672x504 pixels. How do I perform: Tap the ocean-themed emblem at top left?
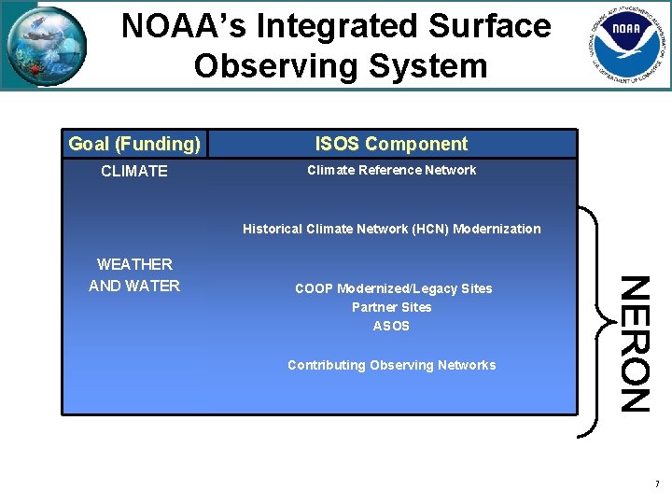pyautogui.click(x=47, y=45)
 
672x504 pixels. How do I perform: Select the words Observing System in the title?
pyautogui.click(x=341, y=66)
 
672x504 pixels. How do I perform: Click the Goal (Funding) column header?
pyautogui.click(x=134, y=144)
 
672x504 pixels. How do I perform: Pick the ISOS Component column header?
pyautogui.click(x=391, y=144)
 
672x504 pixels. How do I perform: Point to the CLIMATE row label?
pyautogui.click(x=134, y=171)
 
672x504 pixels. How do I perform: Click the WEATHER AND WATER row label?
pyautogui.click(x=134, y=275)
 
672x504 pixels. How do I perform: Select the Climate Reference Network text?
pyautogui.click(x=391, y=170)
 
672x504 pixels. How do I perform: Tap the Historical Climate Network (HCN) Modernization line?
pyautogui.click(x=391, y=229)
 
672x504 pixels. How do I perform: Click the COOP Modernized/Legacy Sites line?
pyautogui.click(x=393, y=288)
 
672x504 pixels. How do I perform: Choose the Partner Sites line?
pyautogui.click(x=391, y=307)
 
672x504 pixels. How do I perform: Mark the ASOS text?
pyautogui.click(x=391, y=326)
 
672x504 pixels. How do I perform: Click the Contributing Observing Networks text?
pyautogui.click(x=391, y=365)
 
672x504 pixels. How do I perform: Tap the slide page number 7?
pyautogui.click(x=657, y=484)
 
